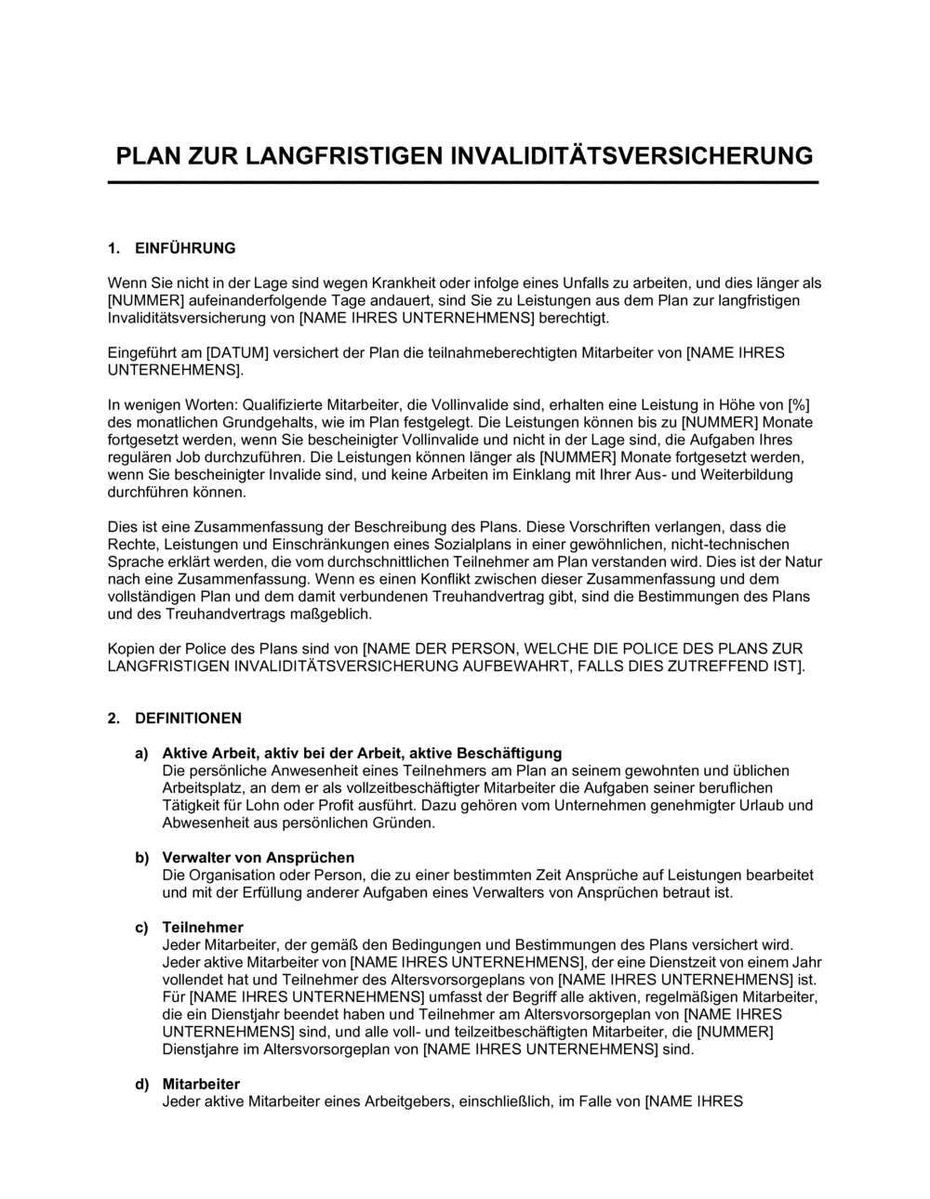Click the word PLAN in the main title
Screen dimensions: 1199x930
click(x=144, y=155)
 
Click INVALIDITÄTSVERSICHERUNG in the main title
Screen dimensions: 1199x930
click(x=631, y=155)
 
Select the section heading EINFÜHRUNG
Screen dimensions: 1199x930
click(x=185, y=248)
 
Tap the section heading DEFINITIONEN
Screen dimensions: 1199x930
click(x=188, y=718)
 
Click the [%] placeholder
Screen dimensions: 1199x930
click(x=799, y=405)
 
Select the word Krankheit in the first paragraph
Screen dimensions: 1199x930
click(x=405, y=283)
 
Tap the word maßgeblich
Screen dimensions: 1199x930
click(x=326, y=614)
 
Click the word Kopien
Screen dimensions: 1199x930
click(x=132, y=649)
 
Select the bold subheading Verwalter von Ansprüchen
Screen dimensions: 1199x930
click(x=258, y=858)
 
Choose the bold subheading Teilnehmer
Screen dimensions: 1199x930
click(x=203, y=928)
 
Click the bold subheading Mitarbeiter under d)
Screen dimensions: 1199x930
click(x=201, y=1085)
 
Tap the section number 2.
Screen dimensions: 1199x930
click(x=113, y=718)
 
